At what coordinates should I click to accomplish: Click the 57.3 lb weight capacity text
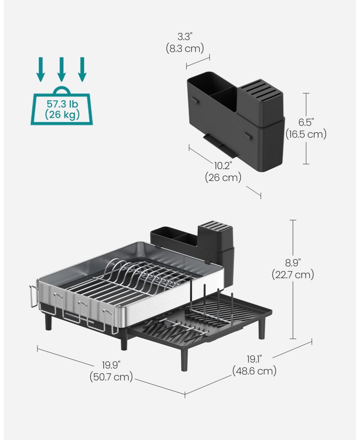tap(62, 104)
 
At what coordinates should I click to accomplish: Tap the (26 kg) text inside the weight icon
tap(62, 115)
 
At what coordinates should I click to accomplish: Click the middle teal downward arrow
tap(61, 69)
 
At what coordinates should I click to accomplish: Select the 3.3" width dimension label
tap(184, 37)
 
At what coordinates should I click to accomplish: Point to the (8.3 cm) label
tap(185, 48)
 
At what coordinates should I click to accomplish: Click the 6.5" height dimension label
tap(306, 122)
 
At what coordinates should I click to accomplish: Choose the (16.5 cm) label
tap(306, 134)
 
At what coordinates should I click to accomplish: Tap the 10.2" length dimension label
tap(223, 166)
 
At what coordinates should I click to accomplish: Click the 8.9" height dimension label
tap(293, 263)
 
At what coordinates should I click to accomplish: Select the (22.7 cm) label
tap(293, 274)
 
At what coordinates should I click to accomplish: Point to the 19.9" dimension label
tap(111, 365)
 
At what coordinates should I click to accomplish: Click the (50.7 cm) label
tap(111, 377)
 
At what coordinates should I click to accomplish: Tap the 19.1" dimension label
tap(254, 359)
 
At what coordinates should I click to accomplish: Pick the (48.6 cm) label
tap(254, 371)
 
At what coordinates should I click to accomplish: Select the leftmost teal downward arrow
tap(40, 69)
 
